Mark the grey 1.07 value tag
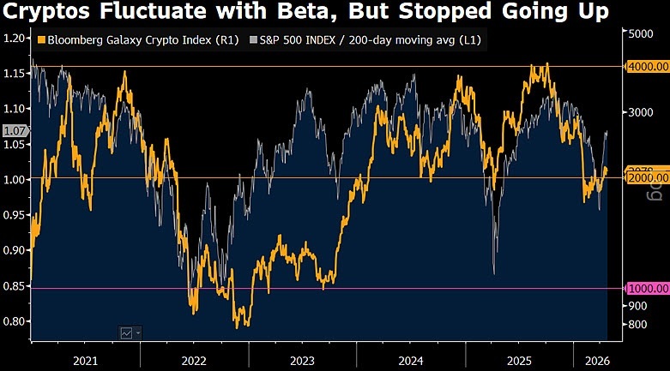coord(15,131)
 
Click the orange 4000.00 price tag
coord(648,65)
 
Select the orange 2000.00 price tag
coord(648,177)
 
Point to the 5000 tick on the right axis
coord(642,33)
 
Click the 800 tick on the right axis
coord(637,324)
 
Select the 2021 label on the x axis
coord(85,361)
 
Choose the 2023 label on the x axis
coord(302,361)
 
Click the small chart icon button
coord(128,333)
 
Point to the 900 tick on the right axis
coord(637,305)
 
